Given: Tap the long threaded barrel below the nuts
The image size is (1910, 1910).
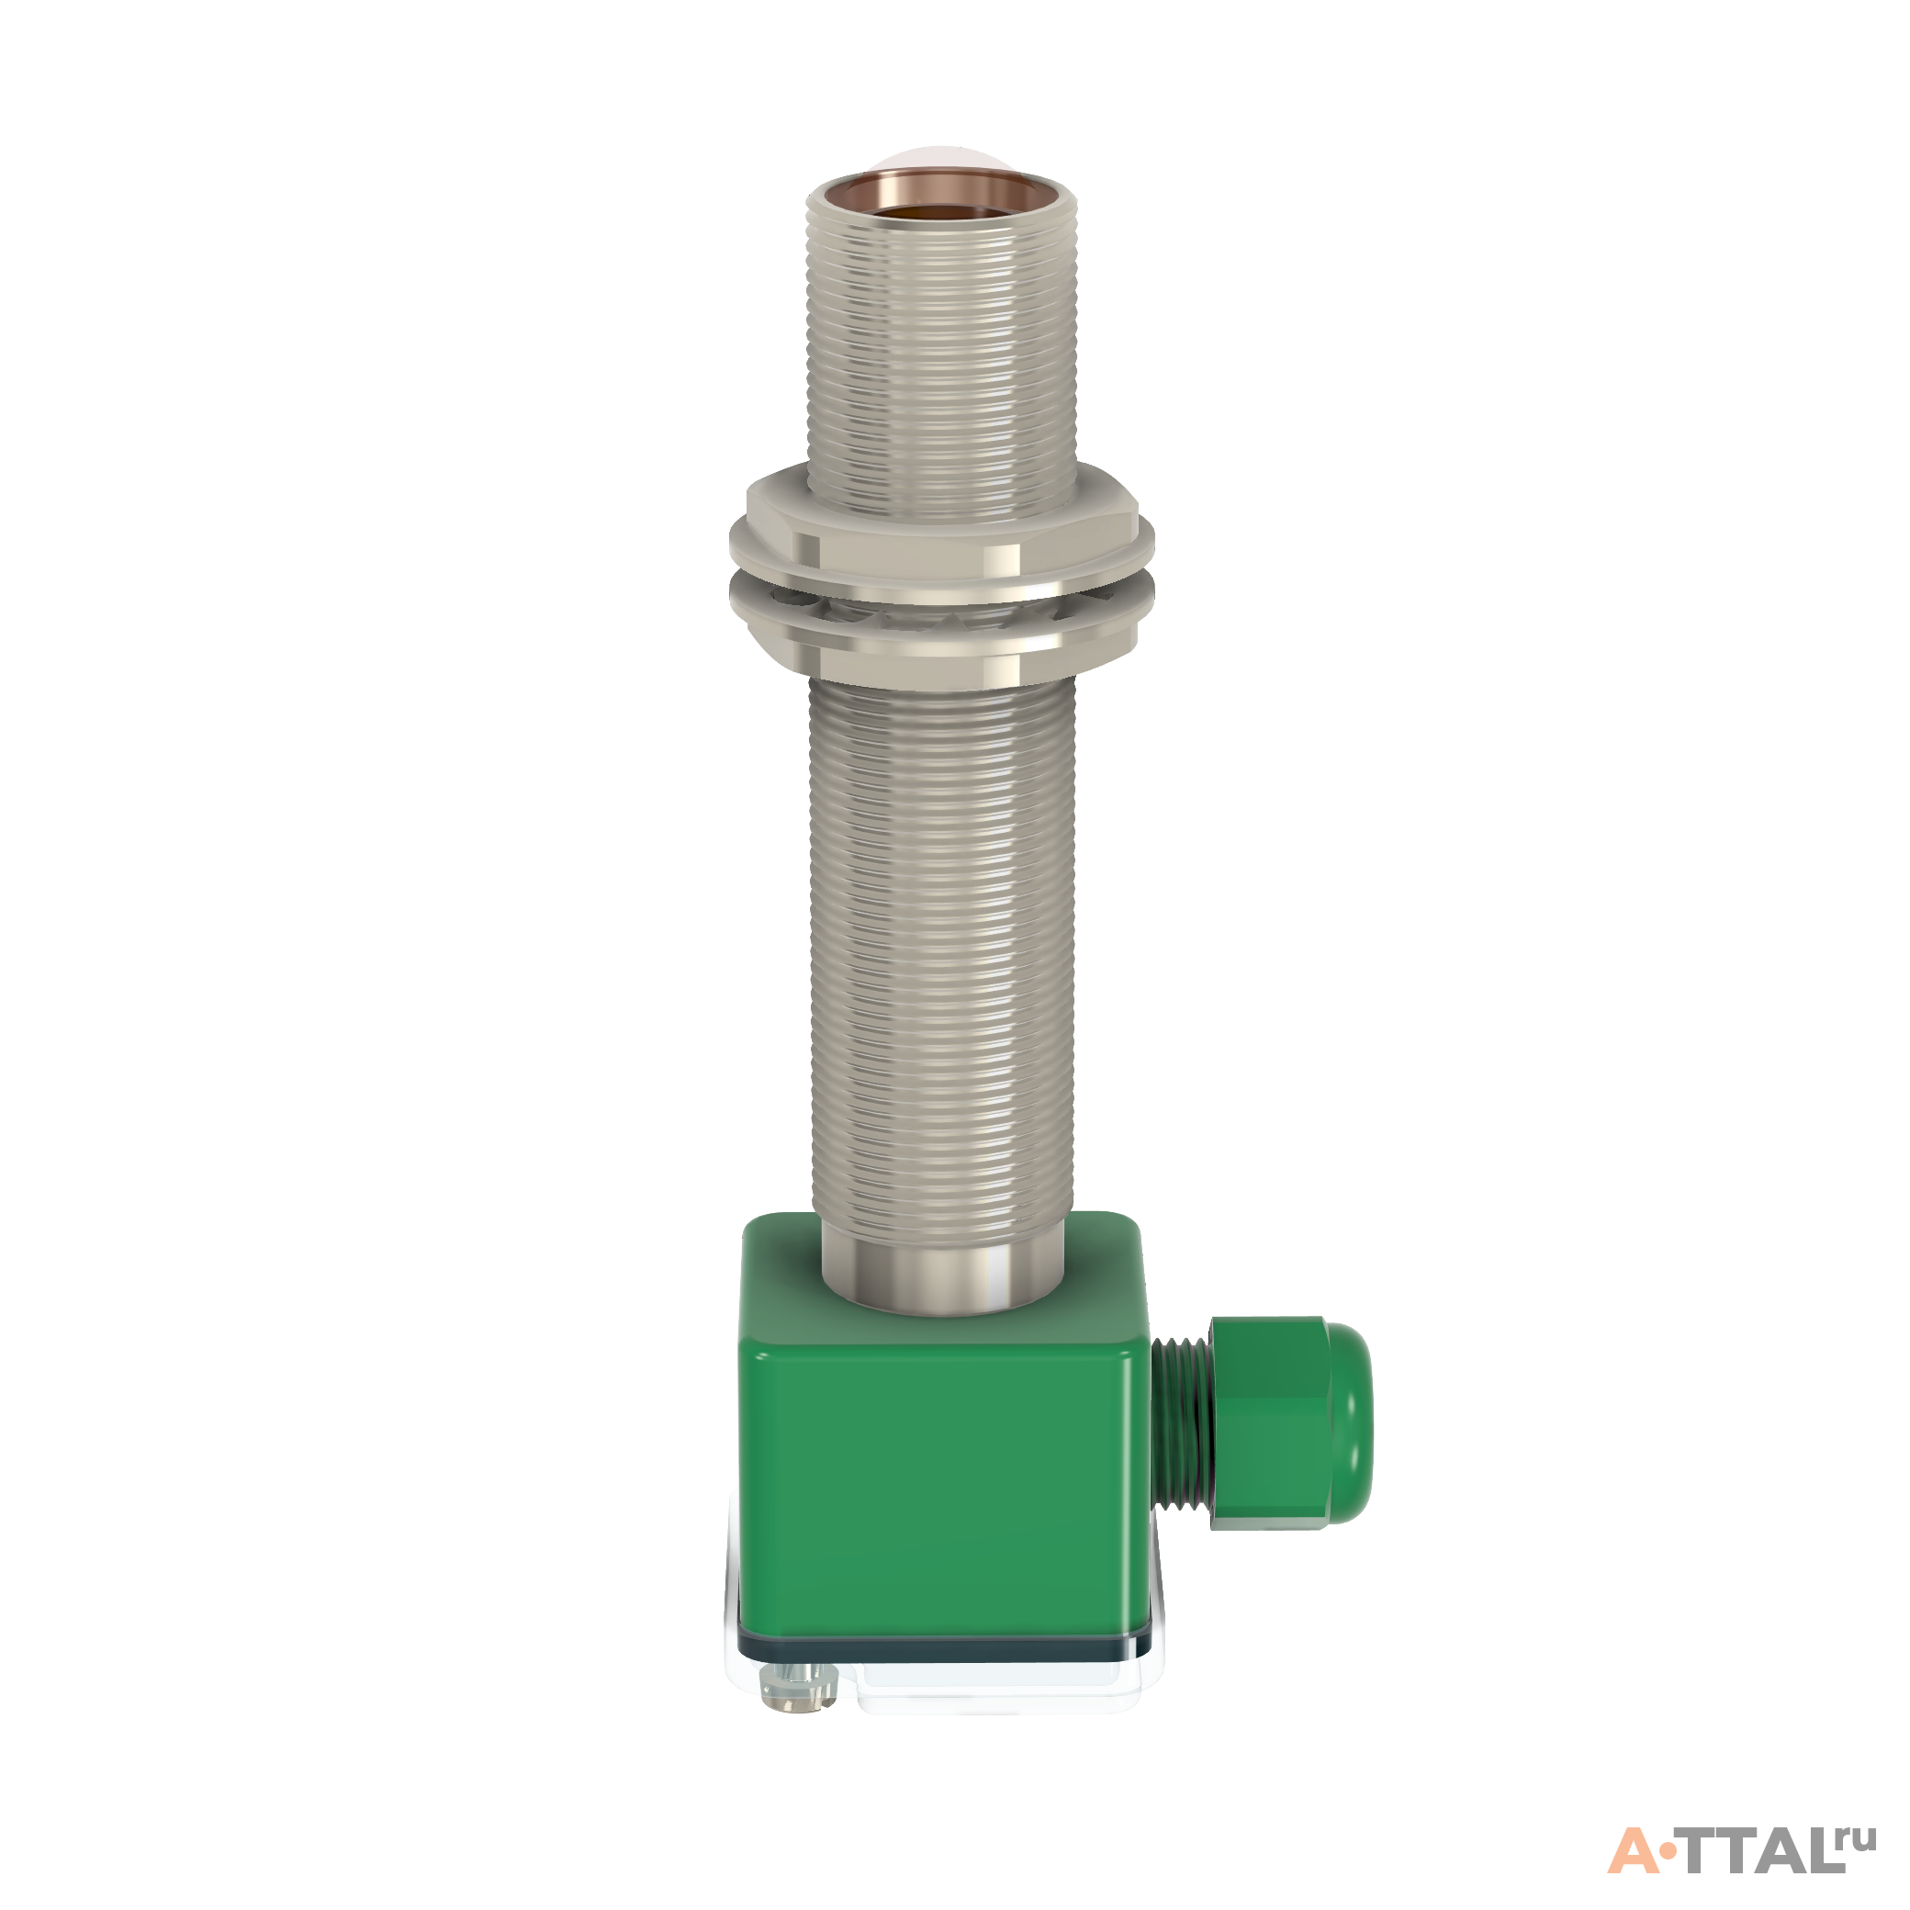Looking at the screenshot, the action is point(941,949).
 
